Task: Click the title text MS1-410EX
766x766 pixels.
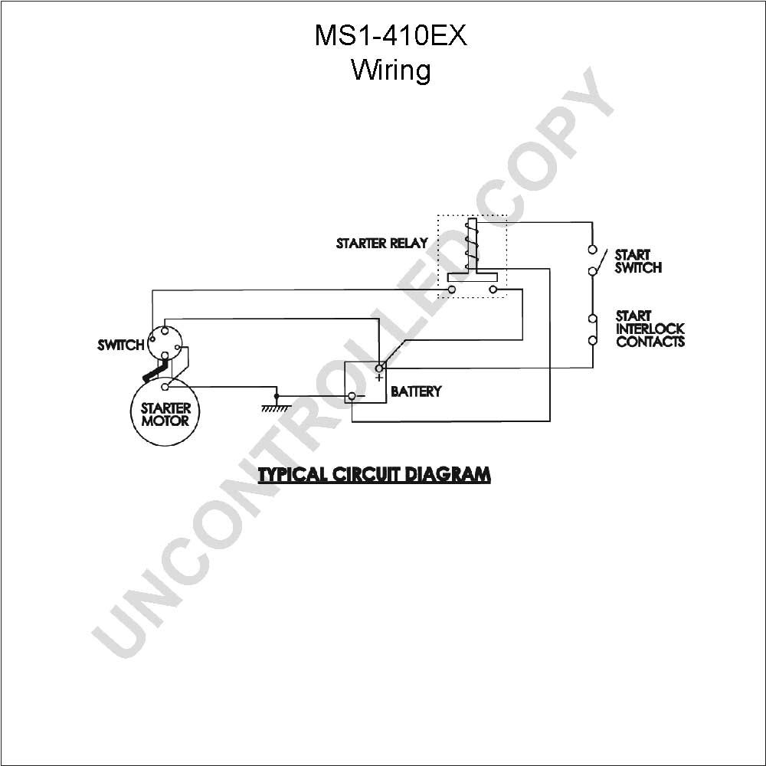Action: click(391, 36)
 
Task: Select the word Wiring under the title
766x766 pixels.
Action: click(391, 70)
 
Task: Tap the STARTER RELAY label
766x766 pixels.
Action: click(382, 244)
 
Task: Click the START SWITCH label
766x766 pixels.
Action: click(638, 261)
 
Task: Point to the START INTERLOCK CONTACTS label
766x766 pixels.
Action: click(650, 329)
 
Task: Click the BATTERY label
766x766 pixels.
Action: click(416, 391)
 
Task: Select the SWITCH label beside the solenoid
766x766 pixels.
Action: click(121, 345)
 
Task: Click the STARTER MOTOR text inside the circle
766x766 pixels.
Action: click(165, 414)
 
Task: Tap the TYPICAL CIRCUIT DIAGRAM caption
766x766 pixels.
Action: click(375, 474)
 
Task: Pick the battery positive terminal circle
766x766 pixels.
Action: click(379, 368)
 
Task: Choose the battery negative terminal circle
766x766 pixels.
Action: click(352, 396)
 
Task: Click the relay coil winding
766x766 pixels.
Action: click(471, 244)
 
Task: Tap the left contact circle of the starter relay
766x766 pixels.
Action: click(452, 290)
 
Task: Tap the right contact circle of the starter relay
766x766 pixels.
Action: click(493, 290)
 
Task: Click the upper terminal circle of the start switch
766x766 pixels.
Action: click(593, 250)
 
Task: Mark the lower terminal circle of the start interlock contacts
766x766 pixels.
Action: click(593, 340)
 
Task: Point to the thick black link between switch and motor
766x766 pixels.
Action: click(156, 370)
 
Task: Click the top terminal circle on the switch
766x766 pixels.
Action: click(165, 329)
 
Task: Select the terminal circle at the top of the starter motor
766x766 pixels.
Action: click(165, 388)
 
